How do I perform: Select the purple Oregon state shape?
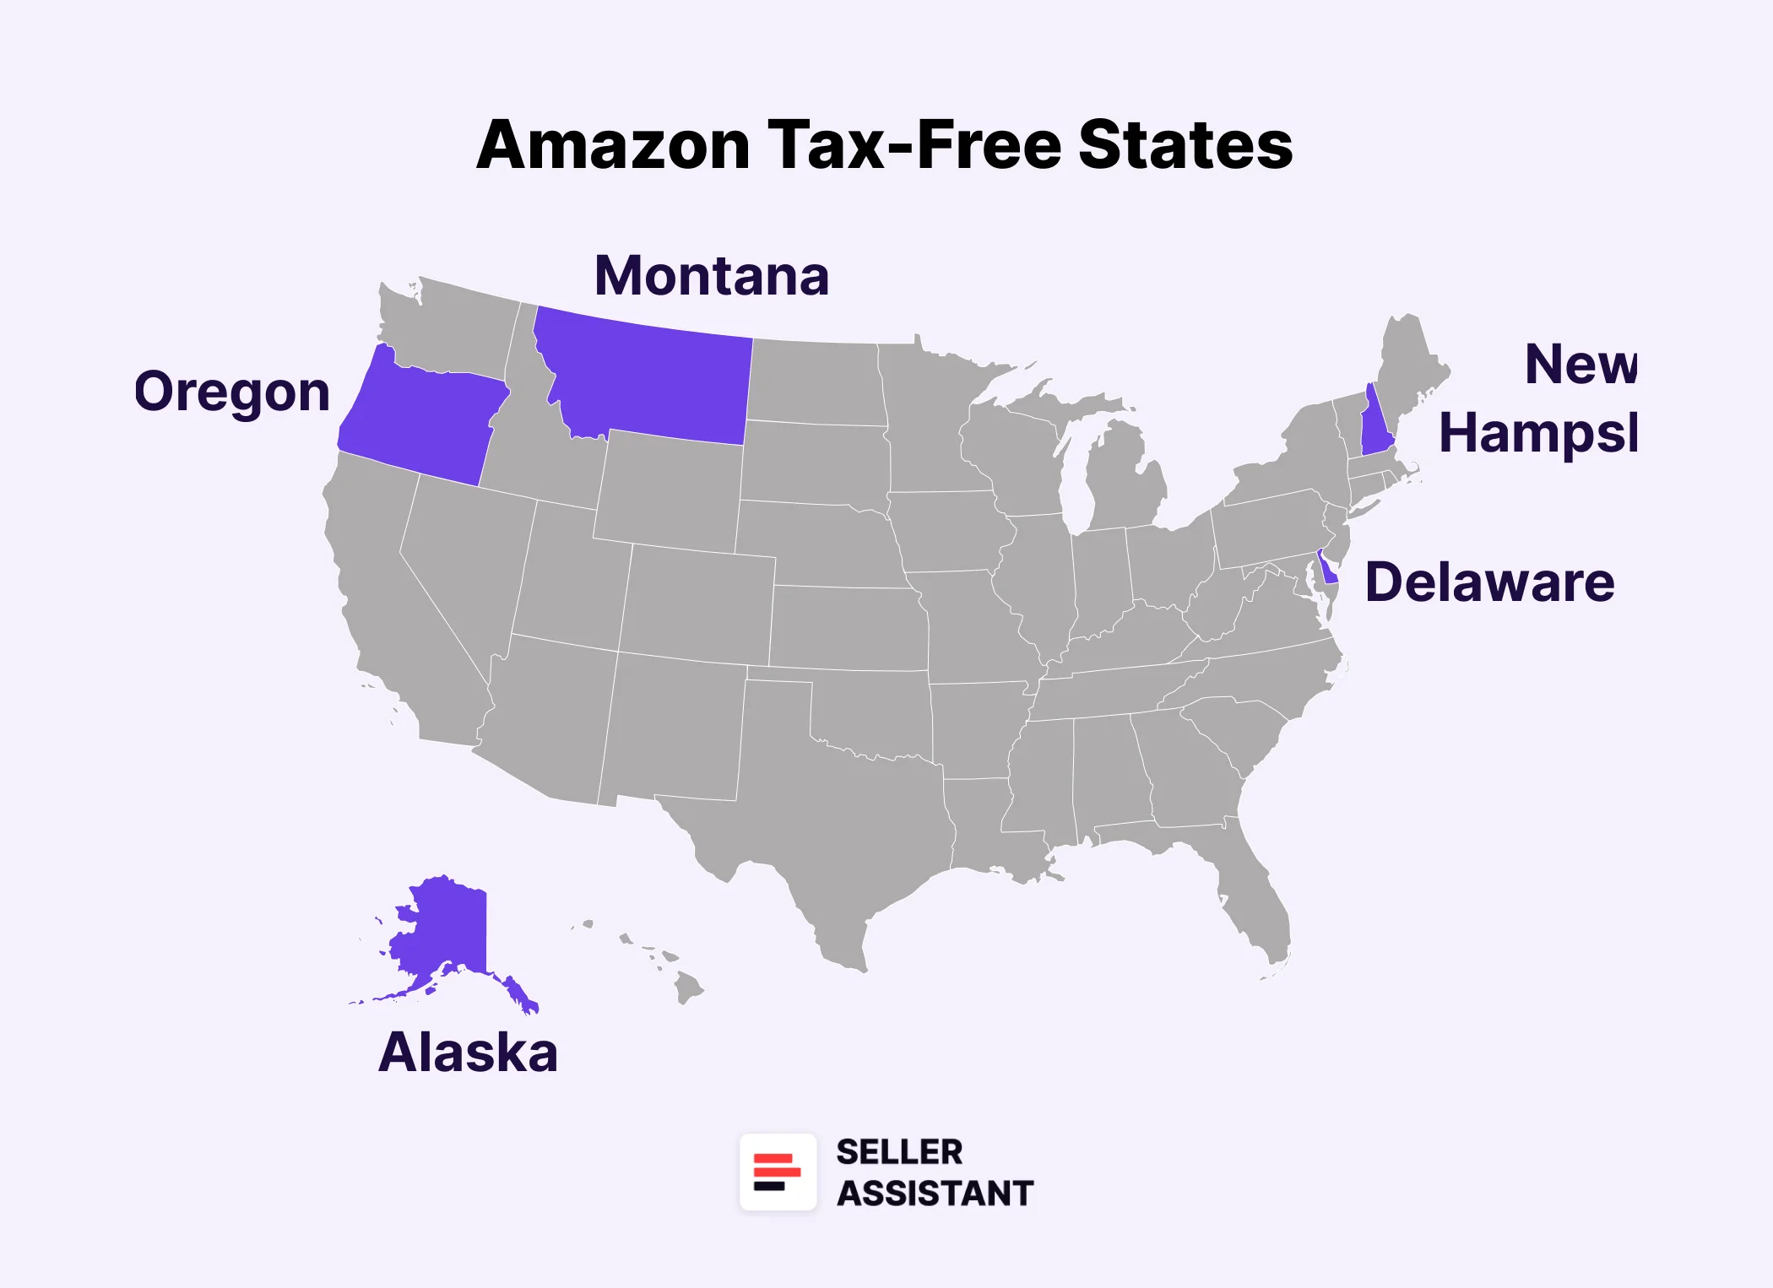(x=422, y=422)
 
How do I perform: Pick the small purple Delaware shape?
(x=1329, y=571)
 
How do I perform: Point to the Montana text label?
(x=712, y=276)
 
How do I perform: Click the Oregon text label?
(x=232, y=392)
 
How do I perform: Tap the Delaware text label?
(x=1489, y=582)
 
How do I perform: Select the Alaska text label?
(x=468, y=1053)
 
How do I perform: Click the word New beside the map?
(x=1580, y=365)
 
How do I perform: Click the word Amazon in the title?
(x=613, y=145)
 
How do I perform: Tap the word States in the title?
(x=1185, y=145)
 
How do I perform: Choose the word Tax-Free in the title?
(x=914, y=145)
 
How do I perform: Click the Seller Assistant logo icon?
(x=778, y=1172)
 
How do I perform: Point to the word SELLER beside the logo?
(x=899, y=1152)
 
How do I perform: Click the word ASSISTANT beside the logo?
(x=935, y=1193)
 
